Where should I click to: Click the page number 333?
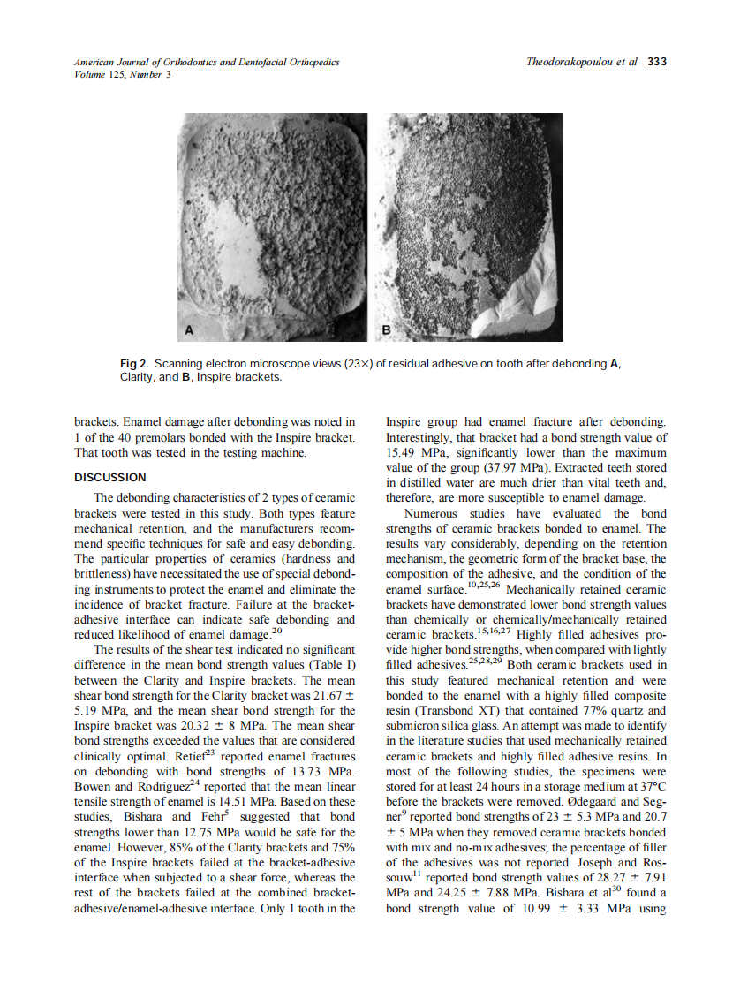click(x=656, y=62)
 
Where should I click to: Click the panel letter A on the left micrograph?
click(x=188, y=330)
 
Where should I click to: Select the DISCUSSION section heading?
click(x=109, y=478)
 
